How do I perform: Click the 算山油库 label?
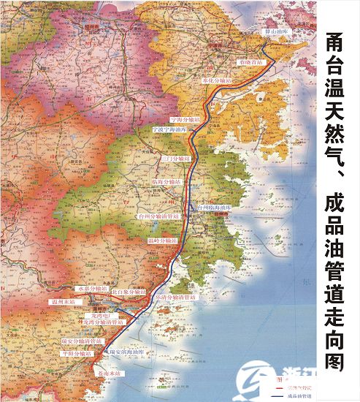click(277, 32)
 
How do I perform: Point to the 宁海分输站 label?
click(185, 118)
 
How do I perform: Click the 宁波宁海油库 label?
click(169, 128)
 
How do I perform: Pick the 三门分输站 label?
click(175, 158)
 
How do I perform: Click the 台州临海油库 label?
click(213, 208)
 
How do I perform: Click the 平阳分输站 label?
click(78, 353)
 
